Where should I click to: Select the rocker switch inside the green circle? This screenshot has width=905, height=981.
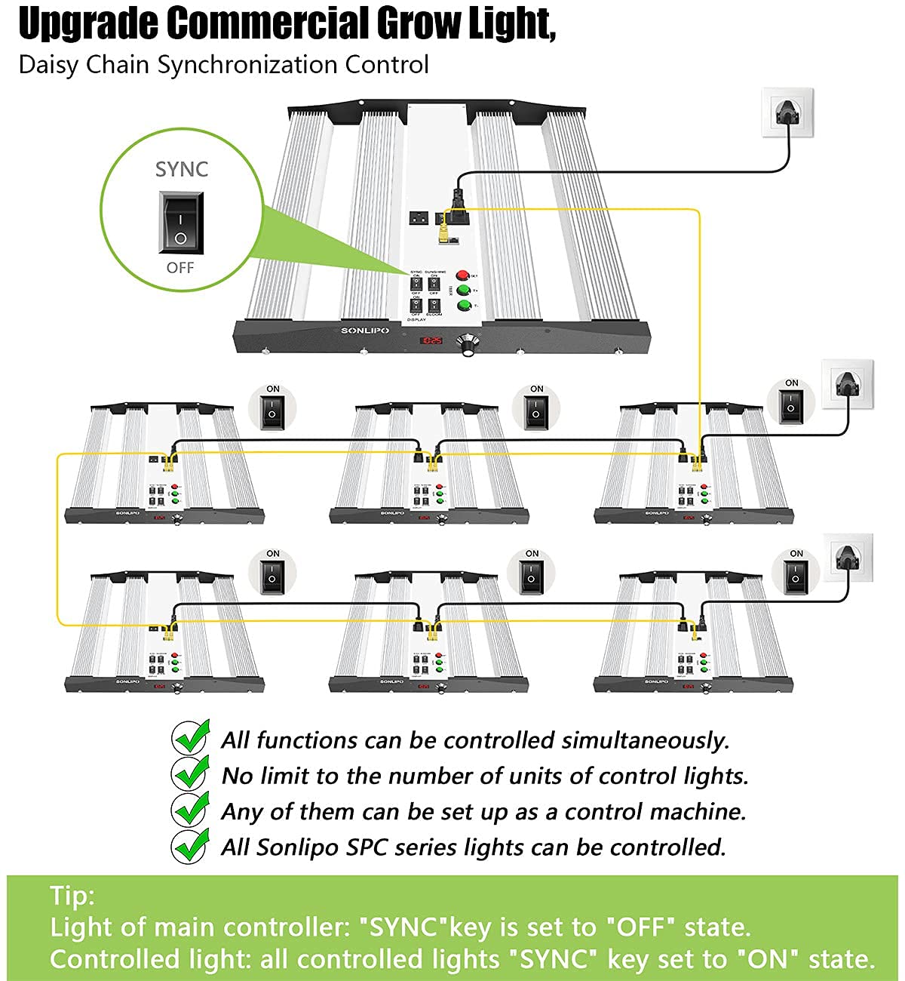[x=181, y=222]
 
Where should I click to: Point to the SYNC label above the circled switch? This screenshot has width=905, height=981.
[x=181, y=169]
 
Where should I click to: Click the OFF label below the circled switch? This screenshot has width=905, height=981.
[x=180, y=268]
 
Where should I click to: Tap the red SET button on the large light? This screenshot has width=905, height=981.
[x=462, y=275]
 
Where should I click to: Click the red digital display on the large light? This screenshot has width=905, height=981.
[x=431, y=341]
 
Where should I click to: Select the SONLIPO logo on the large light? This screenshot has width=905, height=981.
[x=364, y=331]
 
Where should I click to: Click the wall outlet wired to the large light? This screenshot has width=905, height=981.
[x=787, y=113]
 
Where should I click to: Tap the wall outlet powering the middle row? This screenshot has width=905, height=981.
[x=847, y=384]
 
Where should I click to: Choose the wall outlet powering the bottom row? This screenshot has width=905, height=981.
[x=848, y=557]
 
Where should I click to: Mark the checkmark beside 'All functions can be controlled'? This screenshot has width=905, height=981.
[x=191, y=738]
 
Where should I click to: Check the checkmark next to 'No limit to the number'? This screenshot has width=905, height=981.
[x=191, y=773]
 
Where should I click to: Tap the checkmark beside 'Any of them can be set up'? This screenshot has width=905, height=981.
[x=191, y=810]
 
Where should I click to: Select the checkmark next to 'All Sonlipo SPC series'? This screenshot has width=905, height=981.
[x=191, y=845]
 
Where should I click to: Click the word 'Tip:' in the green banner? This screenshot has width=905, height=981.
[x=72, y=896]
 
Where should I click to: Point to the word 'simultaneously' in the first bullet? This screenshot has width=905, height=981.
[x=646, y=740]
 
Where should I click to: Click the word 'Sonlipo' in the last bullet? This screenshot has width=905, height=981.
[x=297, y=847]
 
